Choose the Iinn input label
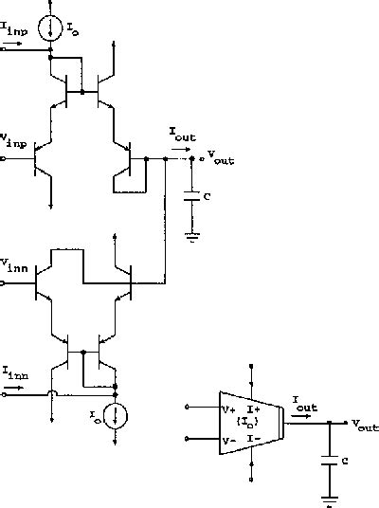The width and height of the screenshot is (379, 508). click(x=15, y=372)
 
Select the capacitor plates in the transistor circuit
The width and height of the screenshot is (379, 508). click(x=192, y=198)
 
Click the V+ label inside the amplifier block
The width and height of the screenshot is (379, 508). click(x=228, y=409)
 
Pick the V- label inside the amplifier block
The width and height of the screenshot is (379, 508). click(x=228, y=441)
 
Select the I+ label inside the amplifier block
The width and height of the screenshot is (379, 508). click(x=254, y=409)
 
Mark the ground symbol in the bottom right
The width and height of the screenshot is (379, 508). click(x=329, y=497)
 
